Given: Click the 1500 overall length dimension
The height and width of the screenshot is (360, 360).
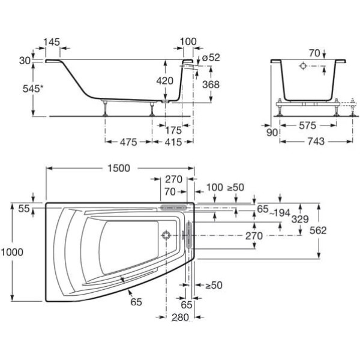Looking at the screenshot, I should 119,169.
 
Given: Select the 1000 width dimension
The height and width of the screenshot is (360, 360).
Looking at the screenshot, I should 12,252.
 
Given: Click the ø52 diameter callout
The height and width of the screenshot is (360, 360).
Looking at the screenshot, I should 211,58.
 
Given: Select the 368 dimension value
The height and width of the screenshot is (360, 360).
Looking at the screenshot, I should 211,84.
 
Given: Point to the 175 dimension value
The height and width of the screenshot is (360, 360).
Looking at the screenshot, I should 173,129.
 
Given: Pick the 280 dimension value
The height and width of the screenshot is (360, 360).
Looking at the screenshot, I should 179,316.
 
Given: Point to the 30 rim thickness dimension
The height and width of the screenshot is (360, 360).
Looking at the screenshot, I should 24,61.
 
